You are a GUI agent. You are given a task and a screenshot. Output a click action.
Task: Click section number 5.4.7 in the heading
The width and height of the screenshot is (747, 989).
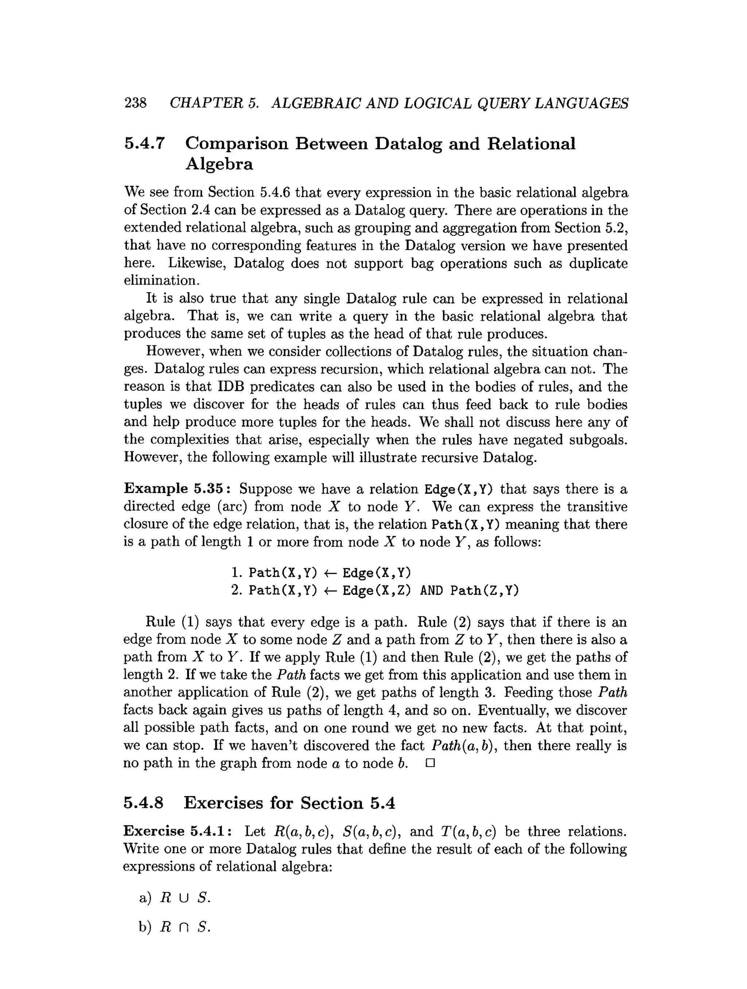click(x=144, y=144)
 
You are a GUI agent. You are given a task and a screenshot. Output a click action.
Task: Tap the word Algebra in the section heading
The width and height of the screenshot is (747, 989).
click(x=219, y=164)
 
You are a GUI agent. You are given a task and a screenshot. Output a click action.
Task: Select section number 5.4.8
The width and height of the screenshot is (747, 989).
click(x=144, y=803)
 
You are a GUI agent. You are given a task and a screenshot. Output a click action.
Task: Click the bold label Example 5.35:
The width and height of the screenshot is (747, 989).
click(x=179, y=489)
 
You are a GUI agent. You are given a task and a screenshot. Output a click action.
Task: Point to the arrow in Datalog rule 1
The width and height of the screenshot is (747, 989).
click(x=330, y=573)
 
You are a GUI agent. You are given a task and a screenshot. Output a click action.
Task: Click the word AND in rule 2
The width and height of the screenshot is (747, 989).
click(x=431, y=591)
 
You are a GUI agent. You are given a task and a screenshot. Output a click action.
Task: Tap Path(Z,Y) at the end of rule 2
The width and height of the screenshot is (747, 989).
click(x=484, y=591)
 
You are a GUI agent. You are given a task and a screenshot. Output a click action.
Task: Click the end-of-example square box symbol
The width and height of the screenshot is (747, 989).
click(x=430, y=763)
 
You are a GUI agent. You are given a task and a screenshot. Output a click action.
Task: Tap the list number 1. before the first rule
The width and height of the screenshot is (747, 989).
click(x=237, y=573)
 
